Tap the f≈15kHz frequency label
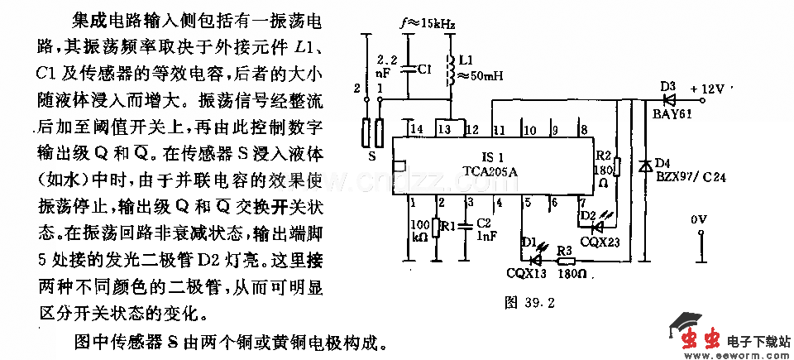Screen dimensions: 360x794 click(x=427, y=26)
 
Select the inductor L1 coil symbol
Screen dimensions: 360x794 click(x=450, y=70)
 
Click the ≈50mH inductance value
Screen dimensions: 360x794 click(x=480, y=77)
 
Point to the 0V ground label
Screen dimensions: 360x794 click(x=700, y=219)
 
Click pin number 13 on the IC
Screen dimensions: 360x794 click(x=446, y=129)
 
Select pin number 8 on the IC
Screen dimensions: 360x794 click(x=584, y=129)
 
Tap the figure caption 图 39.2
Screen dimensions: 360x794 click(x=529, y=302)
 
